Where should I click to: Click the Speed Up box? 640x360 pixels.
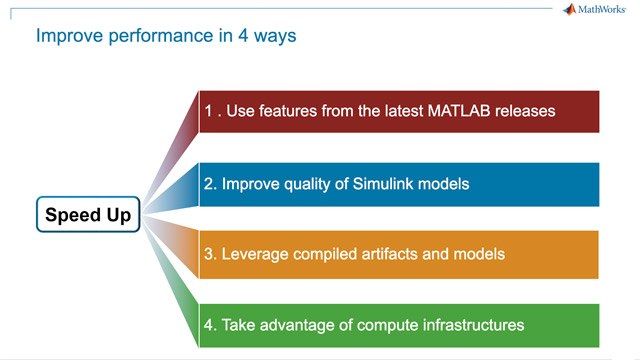(x=88, y=215)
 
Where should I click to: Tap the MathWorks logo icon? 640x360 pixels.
(x=570, y=10)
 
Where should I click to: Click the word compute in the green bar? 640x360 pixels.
(x=388, y=325)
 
